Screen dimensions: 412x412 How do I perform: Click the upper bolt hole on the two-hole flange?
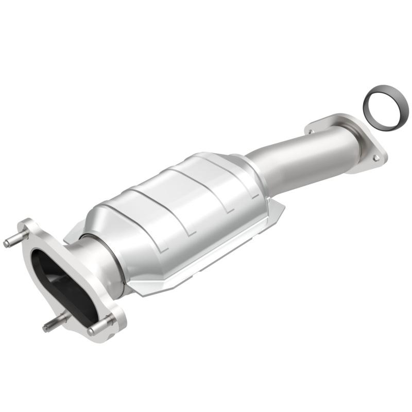311,132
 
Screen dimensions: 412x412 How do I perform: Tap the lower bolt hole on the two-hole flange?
376,158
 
